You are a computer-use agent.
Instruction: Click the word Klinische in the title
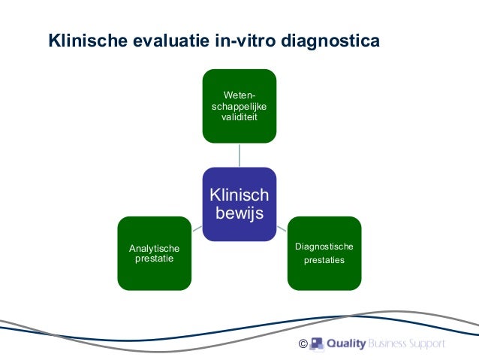[x=83, y=39]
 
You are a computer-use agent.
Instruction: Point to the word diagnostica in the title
[x=330, y=39]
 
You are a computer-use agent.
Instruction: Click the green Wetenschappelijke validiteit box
[x=239, y=106]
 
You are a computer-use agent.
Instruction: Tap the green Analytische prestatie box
[x=154, y=253]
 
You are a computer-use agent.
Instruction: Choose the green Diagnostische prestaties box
[x=324, y=253]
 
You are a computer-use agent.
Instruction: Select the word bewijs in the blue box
[x=239, y=213]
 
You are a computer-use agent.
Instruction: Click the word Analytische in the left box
[x=155, y=248]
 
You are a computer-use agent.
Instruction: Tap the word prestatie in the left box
[x=154, y=259]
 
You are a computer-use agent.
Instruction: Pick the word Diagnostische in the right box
[x=324, y=247]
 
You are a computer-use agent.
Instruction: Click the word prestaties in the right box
[x=324, y=261]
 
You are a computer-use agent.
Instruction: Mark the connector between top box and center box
[x=239, y=155]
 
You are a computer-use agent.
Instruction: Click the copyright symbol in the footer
[x=302, y=344]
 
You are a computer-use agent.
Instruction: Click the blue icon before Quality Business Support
[x=317, y=344]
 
